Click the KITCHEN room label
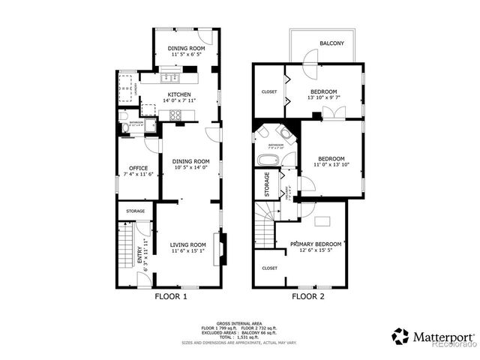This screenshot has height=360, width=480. [179, 94]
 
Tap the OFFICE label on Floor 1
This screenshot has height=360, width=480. [138, 167]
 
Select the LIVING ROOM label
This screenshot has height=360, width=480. [187, 244]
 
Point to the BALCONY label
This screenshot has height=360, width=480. [331, 43]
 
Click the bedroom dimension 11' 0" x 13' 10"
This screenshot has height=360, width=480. [331, 165]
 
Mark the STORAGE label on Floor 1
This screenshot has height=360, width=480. [135, 211]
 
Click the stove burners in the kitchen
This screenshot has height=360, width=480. [177, 115]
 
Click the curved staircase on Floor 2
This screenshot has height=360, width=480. [265, 217]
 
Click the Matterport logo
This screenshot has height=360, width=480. [432, 337]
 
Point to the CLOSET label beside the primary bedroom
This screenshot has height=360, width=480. [269, 268]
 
